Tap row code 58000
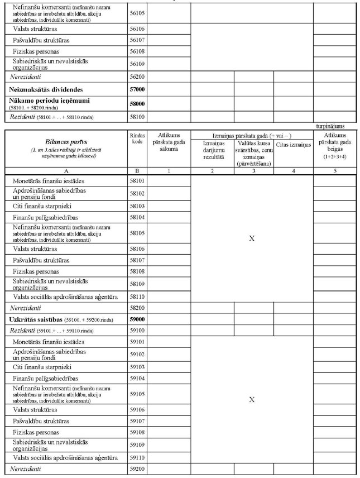[x=137, y=103]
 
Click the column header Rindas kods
[x=137, y=138]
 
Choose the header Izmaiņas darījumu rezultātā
[x=212, y=149]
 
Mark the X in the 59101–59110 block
[x=252, y=399]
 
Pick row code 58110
[x=137, y=297]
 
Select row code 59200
[x=137, y=469]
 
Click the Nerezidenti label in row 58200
[x=26, y=308]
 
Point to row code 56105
[x=137, y=11]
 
